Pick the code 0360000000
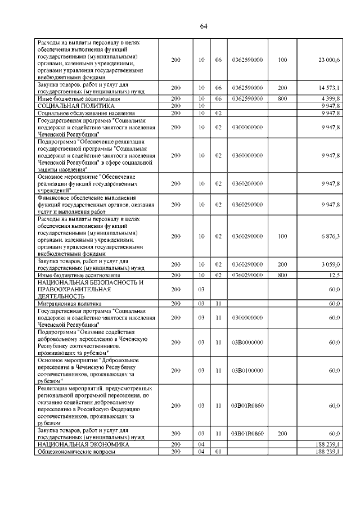247,155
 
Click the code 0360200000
247,183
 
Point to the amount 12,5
334,275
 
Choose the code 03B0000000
247,342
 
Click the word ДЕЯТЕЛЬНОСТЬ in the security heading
61,296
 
